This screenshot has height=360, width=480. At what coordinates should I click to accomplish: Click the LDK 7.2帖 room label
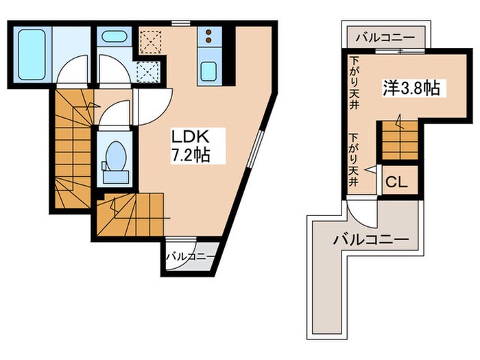pos(190,145)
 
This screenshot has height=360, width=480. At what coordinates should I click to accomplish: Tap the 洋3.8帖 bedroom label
pos(411,88)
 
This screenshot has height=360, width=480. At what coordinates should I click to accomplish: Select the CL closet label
pos(396,182)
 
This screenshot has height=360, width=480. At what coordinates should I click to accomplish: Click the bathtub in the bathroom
pos(32,54)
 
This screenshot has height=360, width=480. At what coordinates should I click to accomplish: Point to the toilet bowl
pos(116,156)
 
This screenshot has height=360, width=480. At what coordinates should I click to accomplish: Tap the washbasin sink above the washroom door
pos(114,36)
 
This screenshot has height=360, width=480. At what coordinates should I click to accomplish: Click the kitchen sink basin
pos(208,71)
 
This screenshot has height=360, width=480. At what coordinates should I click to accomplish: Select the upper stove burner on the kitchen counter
pos(208,32)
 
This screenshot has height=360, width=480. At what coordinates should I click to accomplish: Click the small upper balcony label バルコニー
pos(385,38)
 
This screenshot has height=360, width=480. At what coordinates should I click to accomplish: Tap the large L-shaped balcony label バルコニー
pos(371,239)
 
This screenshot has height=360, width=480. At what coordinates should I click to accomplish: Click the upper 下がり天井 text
pos(354,83)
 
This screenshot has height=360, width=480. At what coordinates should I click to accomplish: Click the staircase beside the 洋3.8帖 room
pos(400,140)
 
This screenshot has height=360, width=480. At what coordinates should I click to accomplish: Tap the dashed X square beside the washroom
pos(148,71)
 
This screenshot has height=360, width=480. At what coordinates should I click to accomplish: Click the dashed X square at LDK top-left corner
pos(151,40)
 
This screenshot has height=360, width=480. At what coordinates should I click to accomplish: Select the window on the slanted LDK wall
pos(255,149)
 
